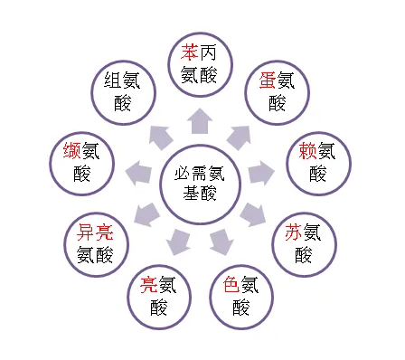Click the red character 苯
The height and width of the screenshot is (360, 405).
[191, 52]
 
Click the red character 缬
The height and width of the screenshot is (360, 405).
[72, 151]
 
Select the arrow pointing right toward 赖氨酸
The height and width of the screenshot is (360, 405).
[260, 171]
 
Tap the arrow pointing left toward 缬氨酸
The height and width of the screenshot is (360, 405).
[137, 172]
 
